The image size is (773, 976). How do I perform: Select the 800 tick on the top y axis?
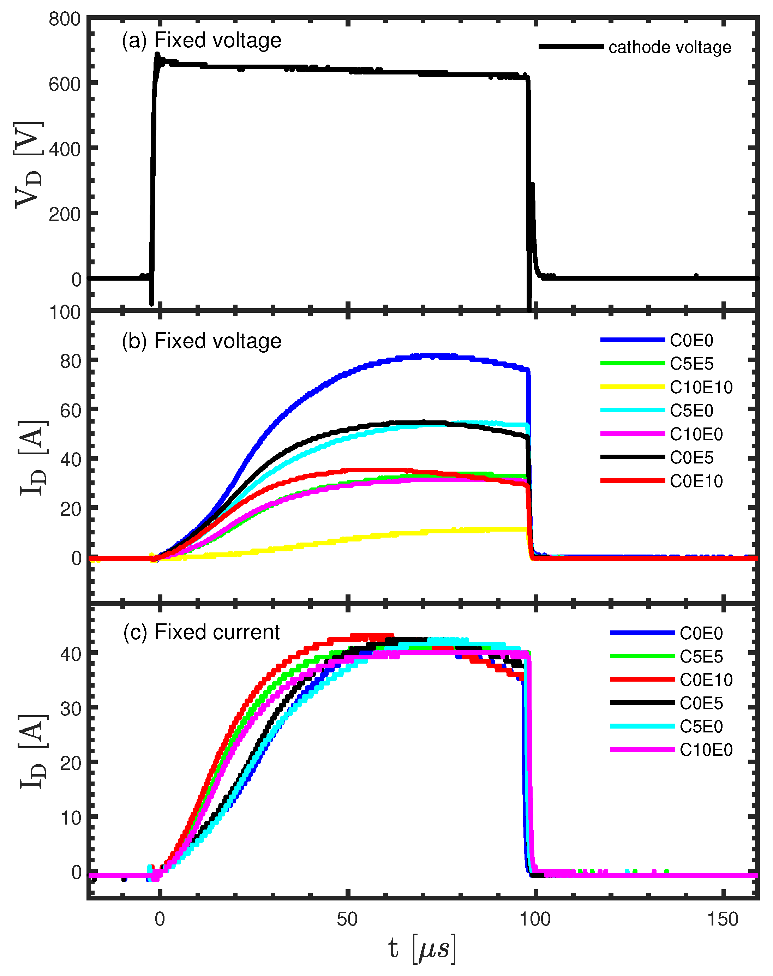65,19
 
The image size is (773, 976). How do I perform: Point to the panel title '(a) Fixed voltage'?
202,40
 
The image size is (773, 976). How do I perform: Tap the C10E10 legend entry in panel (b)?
701,387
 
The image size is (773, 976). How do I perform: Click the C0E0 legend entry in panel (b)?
691,340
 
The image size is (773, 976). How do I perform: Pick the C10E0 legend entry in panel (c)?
706,750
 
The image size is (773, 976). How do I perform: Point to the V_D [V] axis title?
29,165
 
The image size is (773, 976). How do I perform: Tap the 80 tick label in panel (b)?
71,361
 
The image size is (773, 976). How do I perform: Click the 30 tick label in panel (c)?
71,708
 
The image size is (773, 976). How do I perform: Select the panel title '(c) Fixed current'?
202,632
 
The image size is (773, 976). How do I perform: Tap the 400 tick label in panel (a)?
65,149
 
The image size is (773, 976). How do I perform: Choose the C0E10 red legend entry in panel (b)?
696,481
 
